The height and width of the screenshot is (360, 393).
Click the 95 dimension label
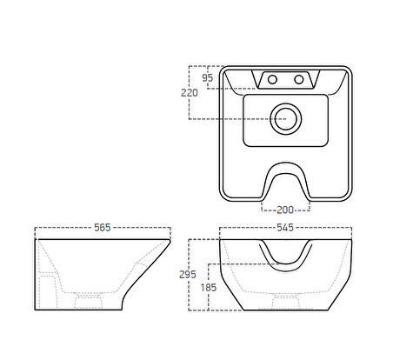point(208,77)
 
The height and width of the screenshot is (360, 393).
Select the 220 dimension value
point(190,93)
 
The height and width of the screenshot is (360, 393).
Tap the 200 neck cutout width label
point(285,210)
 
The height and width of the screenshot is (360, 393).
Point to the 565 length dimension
point(103,228)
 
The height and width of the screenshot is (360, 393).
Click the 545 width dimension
point(285,228)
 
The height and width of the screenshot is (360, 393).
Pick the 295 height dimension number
point(188,274)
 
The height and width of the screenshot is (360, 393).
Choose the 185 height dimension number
point(209,288)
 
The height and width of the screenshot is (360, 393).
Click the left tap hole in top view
point(272,79)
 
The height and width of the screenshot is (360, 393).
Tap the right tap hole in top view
point(299,79)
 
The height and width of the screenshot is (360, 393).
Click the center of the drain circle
point(286,119)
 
